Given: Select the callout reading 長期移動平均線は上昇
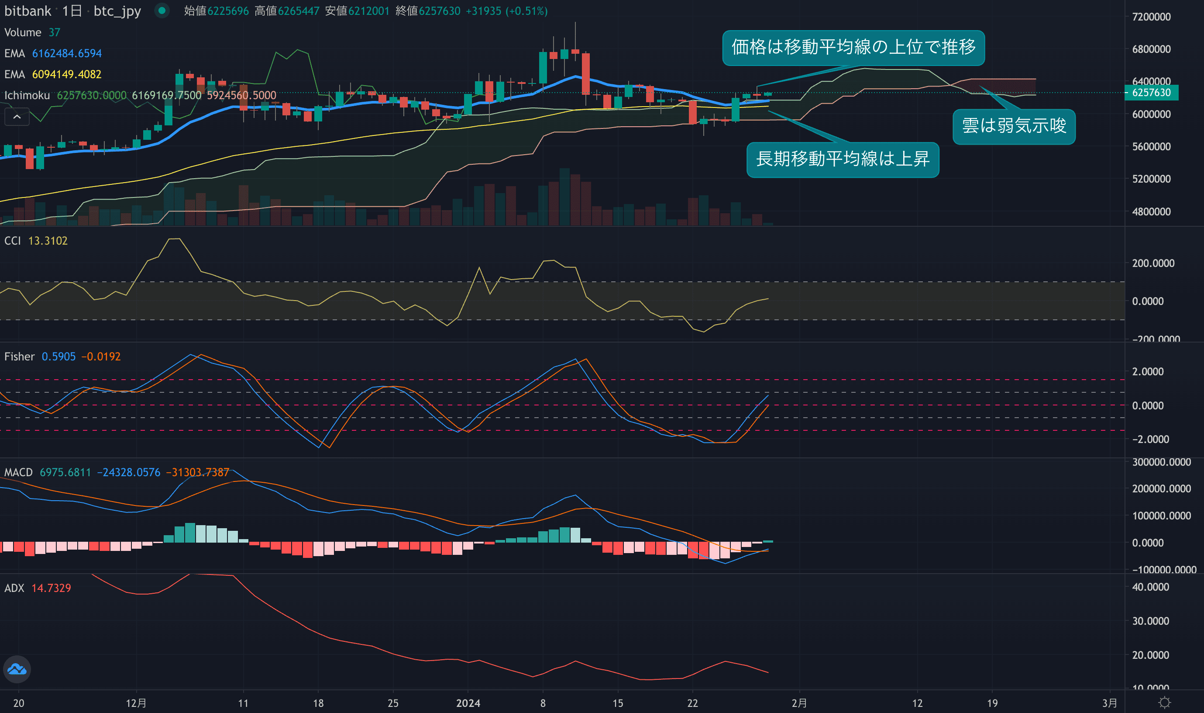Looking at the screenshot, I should click(x=843, y=159).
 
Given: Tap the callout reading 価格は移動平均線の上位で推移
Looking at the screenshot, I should click(x=853, y=47).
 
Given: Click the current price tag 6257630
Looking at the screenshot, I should click(x=1151, y=93).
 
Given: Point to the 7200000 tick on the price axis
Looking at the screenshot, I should click(x=1151, y=17).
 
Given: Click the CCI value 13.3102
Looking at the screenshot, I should click(x=48, y=241).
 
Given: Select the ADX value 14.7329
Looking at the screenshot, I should click(x=51, y=588).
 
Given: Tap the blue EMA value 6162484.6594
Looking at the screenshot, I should click(x=67, y=53).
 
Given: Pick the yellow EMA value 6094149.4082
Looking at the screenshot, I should click(x=67, y=74).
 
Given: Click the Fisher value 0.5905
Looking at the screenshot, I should click(x=58, y=356).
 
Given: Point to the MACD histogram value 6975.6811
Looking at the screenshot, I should click(x=65, y=472).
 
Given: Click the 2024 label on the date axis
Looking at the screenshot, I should click(x=468, y=703).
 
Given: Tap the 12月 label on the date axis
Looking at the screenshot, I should click(x=136, y=703).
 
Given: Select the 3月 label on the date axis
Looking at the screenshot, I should click(x=1109, y=703).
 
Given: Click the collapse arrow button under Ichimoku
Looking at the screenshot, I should click(x=17, y=117).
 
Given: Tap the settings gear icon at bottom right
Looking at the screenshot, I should click(x=1165, y=703).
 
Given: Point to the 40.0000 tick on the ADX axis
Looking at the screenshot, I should click(x=1150, y=587).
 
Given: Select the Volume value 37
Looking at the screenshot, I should click(x=54, y=33).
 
